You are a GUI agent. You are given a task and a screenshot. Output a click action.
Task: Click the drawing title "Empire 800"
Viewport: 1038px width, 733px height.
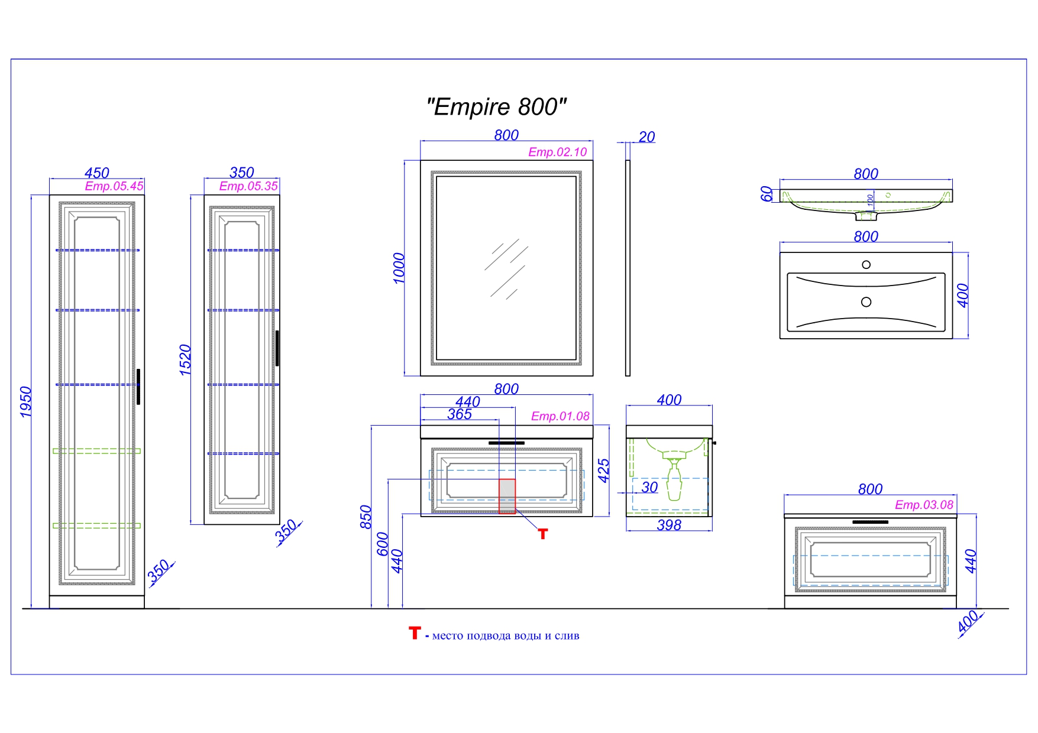coord(496,107)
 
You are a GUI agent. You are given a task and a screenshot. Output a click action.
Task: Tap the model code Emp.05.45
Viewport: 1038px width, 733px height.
coord(114,186)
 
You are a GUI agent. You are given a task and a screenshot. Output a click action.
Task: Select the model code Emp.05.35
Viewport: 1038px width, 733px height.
coord(248,186)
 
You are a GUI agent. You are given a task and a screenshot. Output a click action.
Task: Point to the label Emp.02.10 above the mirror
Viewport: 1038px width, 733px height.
coord(557,152)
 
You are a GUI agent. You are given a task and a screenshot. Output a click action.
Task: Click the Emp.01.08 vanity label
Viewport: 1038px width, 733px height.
coord(560,416)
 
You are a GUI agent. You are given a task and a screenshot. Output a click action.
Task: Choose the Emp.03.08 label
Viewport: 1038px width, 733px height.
coord(923,505)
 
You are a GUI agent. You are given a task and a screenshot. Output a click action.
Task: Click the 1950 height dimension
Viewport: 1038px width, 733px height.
coord(25,401)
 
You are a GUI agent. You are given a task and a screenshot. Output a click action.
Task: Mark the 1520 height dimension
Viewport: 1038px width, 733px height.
coord(185,359)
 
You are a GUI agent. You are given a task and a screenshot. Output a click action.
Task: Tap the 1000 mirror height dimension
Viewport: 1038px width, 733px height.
coord(399,268)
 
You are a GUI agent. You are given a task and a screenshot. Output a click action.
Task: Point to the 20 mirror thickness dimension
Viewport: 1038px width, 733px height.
coord(646,137)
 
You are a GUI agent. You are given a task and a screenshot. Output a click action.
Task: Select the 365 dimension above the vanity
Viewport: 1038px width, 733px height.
coord(460,414)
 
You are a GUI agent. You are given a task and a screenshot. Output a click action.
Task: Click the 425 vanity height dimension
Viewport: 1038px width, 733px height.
coord(604,471)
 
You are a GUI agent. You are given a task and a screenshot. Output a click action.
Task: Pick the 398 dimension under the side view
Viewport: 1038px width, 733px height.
coord(669,525)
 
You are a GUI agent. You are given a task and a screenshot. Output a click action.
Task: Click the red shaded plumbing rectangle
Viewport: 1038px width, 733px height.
coord(507,496)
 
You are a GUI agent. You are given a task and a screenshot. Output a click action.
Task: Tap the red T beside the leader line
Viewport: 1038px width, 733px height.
coord(543,534)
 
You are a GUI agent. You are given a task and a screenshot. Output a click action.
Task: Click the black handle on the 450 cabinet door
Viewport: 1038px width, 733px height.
coord(138,387)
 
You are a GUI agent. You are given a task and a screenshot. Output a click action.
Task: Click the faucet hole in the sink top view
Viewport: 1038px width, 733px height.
coord(866,265)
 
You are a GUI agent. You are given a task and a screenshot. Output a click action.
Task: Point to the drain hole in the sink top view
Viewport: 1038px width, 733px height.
coord(866,302)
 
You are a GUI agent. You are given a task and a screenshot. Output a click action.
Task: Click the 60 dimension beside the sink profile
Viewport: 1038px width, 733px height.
coord(767,193)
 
